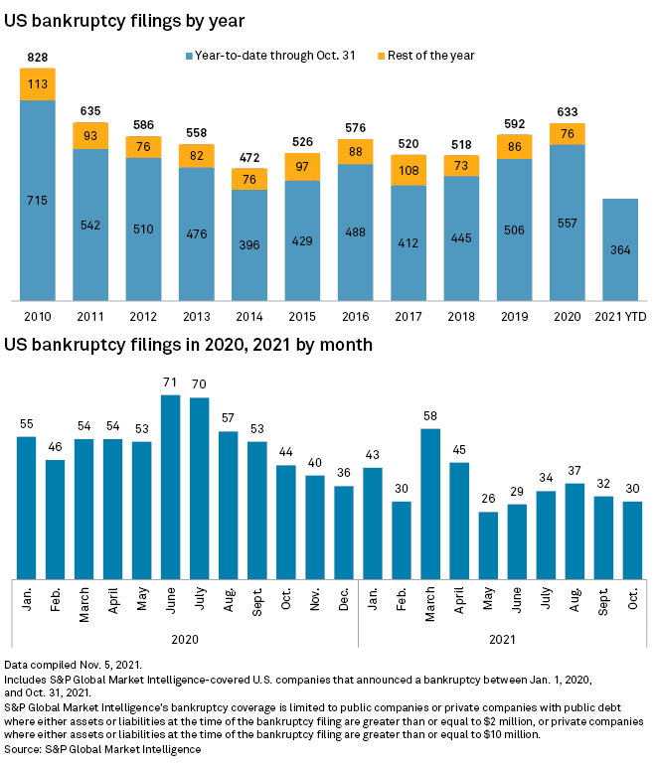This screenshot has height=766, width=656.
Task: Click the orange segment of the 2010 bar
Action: click(38, 84)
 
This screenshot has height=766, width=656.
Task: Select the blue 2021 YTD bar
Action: click(620, 248)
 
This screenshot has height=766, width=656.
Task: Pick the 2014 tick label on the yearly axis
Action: click(249, 316)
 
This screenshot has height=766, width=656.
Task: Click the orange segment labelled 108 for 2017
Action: click(409, 170)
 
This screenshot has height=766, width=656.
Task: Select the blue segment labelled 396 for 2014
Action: click(249, 244)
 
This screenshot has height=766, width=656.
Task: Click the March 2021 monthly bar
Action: click(430, 503)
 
